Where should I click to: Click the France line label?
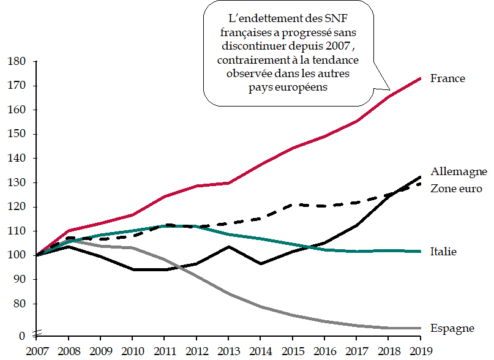(x=447, y=78)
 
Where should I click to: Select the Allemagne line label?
(x=458, y=171)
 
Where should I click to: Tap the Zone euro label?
(x=456, y=188)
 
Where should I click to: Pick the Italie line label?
(x=444, y=252)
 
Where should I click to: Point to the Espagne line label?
(x=452, y=328)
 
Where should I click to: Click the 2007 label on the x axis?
(x=37, y=351)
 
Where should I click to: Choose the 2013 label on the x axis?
(x=228, y=351)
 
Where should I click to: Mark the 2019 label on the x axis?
(x=419, y=351)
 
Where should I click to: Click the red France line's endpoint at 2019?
(x=420, y=78)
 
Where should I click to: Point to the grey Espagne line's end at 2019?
(x=420, y=328)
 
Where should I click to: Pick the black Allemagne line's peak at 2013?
(x=228, y=247)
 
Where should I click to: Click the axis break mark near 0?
(x=37, y=333)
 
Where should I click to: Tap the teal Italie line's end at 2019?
(x=420, y=251)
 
